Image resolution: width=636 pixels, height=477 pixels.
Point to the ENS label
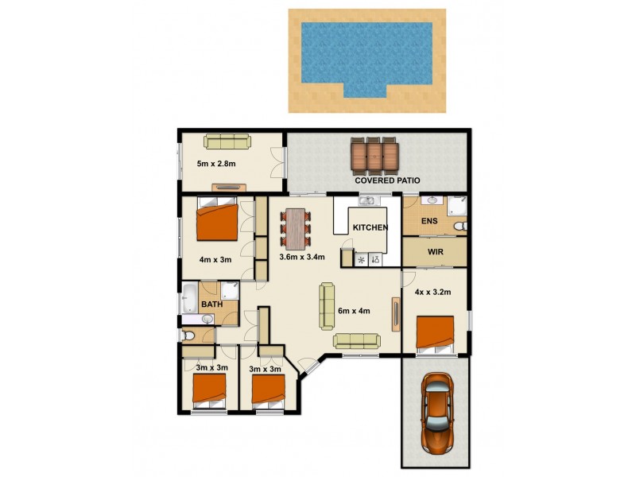pyautogui.click(x=429, y=221)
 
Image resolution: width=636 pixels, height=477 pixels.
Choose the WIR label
pyautogui.click(x=434, y=253)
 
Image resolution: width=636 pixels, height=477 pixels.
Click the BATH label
pyautogui.click(x=211, y=304)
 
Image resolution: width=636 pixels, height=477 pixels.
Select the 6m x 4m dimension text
pyautogui.click(x=354, y=311)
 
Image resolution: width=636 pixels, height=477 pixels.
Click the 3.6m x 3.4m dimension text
pyautogui.click(x=301, y=258)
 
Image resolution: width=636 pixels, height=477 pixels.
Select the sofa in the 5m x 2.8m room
pyautogui.click(x=227, y=142)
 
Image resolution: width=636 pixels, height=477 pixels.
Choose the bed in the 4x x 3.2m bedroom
pyautogui.click(x=434, y=335)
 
